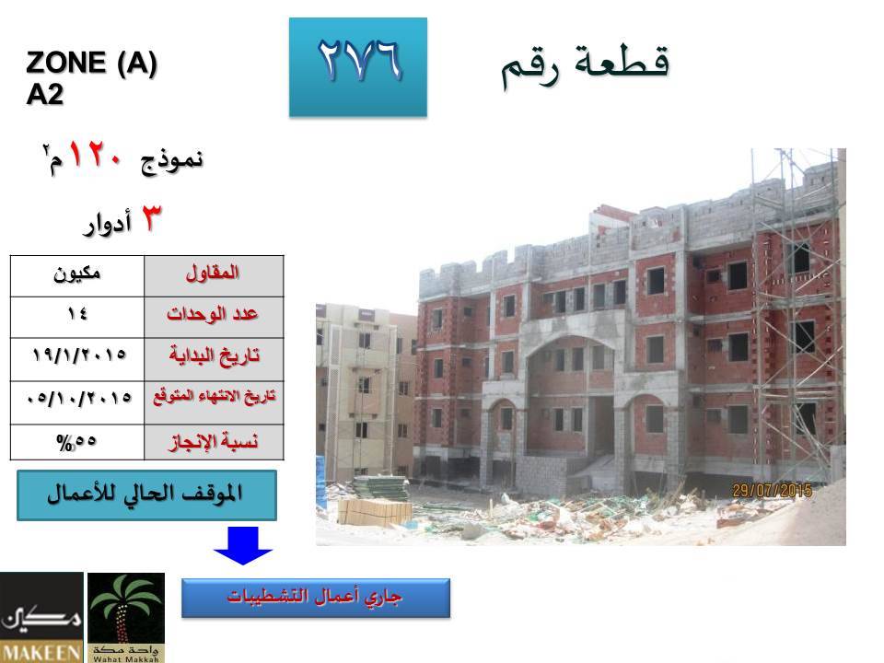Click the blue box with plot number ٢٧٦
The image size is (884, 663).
358,67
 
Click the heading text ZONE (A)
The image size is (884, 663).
91,63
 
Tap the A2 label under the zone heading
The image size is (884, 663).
44,94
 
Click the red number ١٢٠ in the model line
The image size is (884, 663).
95,154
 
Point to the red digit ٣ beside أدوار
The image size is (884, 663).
150,218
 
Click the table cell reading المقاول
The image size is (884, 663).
214,275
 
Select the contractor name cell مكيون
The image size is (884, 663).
77,275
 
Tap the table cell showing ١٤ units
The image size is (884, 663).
77,317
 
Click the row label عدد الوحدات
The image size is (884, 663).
214,317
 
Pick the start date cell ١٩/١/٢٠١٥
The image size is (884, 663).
77,359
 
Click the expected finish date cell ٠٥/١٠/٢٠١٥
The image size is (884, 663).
77,402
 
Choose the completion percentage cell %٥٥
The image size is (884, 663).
77,442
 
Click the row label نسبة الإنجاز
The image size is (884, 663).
214,442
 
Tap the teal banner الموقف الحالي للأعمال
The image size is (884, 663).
146,495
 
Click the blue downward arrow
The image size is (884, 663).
243,545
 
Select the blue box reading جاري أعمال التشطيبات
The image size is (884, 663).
316,598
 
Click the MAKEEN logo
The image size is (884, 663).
41,617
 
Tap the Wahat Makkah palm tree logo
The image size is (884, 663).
126,617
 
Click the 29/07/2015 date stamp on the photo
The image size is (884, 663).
772,490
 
